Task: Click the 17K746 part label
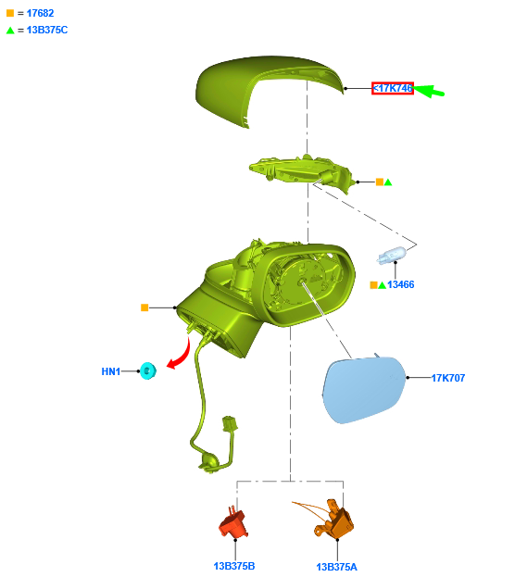393,88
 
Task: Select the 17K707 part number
448,378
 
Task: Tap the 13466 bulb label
400,284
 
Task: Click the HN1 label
111,371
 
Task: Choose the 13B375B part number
234,566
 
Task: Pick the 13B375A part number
336,567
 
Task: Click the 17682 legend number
40,13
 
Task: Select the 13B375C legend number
47,30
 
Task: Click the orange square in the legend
10,13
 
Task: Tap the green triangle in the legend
10,31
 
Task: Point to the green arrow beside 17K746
428,91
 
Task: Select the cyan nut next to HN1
148,370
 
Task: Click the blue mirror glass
364,390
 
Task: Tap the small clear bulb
391,256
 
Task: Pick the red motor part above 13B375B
233,522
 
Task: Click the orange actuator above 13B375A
333,519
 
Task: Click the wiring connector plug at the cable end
230,423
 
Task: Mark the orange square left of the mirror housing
144,307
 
